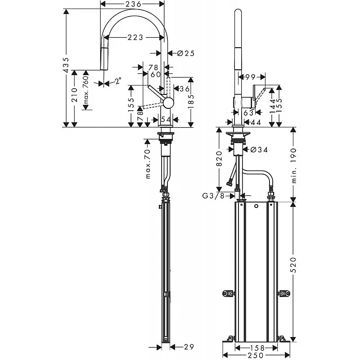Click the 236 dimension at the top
(x=133, y=4)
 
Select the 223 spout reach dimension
(x=135, y=37)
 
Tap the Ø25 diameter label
(x=186, y=53)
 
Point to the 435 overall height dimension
(x=66, y=65)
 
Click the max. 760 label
(x=85, y=90)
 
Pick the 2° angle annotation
(x=118, y=81)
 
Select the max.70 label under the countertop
(x=148, y=163)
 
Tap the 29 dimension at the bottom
(x=189, y=347)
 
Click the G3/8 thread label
(x=213, y=196)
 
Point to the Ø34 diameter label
(x=259, y=150)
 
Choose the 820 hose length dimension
(x=219, y=159)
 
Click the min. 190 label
(x=293, y=165)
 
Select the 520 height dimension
(x=293, y=265)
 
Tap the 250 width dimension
(x=256, y=355)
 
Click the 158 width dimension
(x=256, y=348)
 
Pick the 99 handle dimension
(x=250, y=77)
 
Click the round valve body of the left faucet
(x=168, y=103)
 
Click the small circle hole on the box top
(x=256, y=206)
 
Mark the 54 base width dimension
(x=166, y=120)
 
